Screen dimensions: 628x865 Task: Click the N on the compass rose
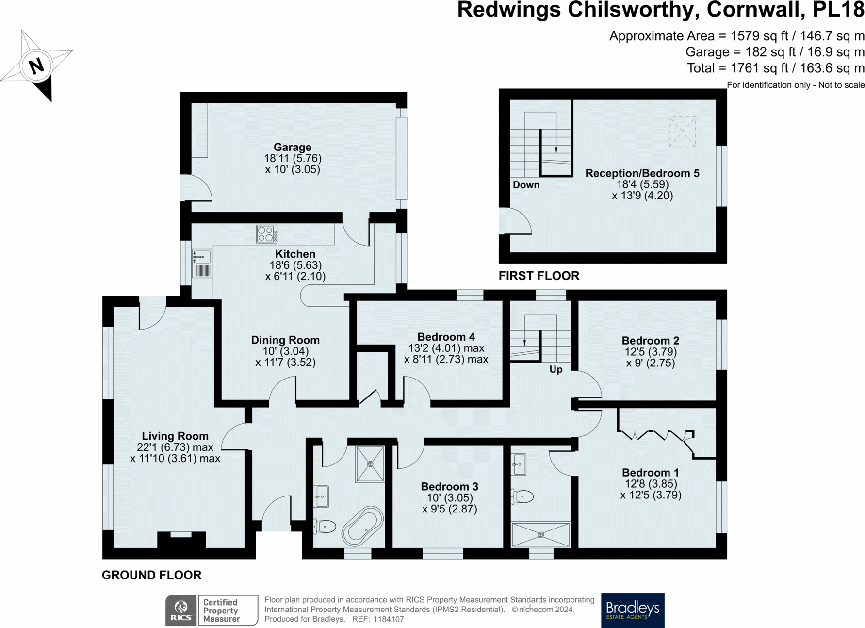tap(36, 66)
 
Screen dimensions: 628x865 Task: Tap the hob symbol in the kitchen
tap(266, 234)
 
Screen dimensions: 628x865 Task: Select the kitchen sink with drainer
tap(202, 264)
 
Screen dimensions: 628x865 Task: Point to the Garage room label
tap(292, 147)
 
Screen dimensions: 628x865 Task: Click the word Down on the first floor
tap(526, 185)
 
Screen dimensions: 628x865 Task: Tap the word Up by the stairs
tap(555, 369)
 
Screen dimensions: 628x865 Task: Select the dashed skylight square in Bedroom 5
tap(682, 132)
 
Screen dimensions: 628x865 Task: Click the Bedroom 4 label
tap(446, 337)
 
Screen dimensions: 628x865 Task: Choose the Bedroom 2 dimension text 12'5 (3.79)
tap(650, 352)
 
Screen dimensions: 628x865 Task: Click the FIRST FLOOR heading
tap(539, 276)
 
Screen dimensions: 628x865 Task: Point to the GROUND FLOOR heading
tap(151, 575)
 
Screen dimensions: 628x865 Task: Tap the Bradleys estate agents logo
tap(632, 610)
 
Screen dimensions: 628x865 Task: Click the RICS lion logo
tap(181, 610)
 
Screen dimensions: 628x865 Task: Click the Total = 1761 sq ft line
tap(775, 68)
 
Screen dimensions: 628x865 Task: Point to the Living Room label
tap(175, 436)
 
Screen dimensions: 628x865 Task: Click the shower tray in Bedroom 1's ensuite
tap(540, 534)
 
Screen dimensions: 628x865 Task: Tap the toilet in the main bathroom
tap(325, 526)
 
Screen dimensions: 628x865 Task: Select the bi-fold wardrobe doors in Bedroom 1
tap(655, 434)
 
